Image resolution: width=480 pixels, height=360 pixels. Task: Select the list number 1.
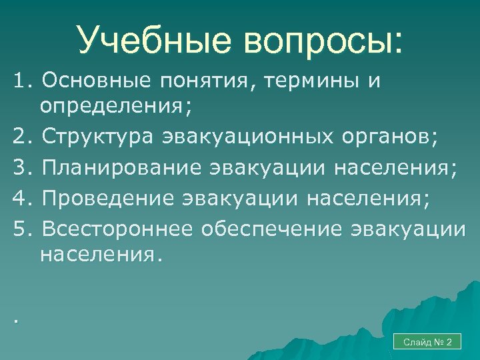(20, 81)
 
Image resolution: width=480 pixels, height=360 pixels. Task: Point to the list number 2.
(20, 138)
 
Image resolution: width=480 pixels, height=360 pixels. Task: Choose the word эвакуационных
(245, 138)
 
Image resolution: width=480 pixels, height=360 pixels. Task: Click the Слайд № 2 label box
(427, 342)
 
